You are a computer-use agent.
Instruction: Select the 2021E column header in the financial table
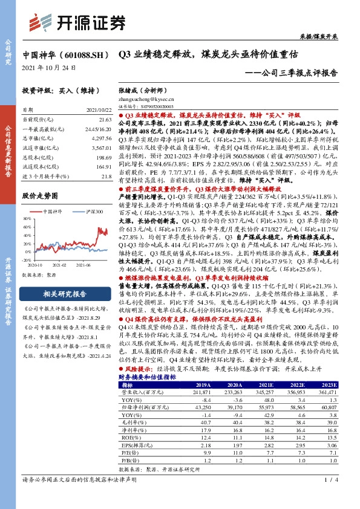coord(265,384)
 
